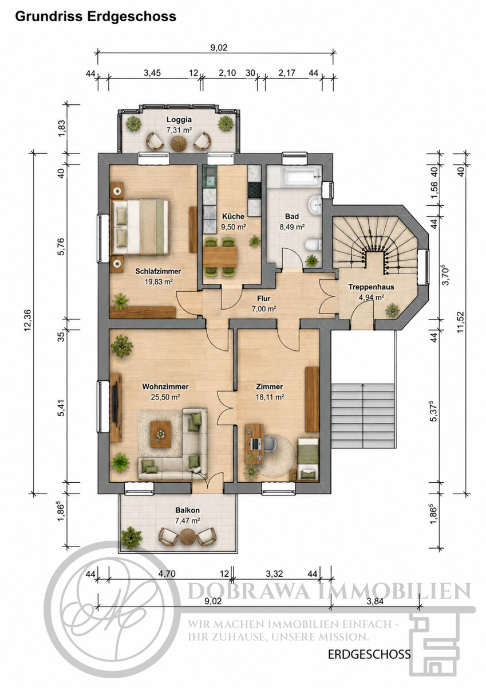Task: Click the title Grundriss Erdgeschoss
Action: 96,17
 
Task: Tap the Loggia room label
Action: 179,119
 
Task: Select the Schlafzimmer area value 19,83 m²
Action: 158,282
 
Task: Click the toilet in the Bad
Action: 313,245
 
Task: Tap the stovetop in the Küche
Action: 255,190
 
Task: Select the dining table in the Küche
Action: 220,256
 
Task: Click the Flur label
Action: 264,298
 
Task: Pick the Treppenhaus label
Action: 371,287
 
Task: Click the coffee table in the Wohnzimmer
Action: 161,435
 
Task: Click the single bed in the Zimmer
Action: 308,459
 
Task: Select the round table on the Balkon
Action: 187,537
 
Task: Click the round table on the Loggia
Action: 179,143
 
